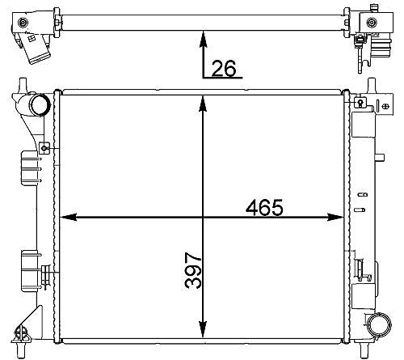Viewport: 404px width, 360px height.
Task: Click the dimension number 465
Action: click(x=264, y=208)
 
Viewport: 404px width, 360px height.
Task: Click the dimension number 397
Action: click(x=193, y=270)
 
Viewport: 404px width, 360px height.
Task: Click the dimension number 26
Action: click(x=224, y=68)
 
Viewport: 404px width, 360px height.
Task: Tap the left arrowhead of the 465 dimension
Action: click(x=68, y=217)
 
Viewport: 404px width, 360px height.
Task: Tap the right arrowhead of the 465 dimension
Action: click(x=335, y=217)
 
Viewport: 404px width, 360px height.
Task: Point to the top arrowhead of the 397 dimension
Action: click(x=203, y=104)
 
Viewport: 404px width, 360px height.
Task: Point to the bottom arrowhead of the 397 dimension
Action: click(x=203, y=329)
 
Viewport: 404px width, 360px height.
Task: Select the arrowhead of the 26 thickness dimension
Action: click(x=204, y=40)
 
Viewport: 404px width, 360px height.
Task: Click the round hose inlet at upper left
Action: click(x=40, y=104)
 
